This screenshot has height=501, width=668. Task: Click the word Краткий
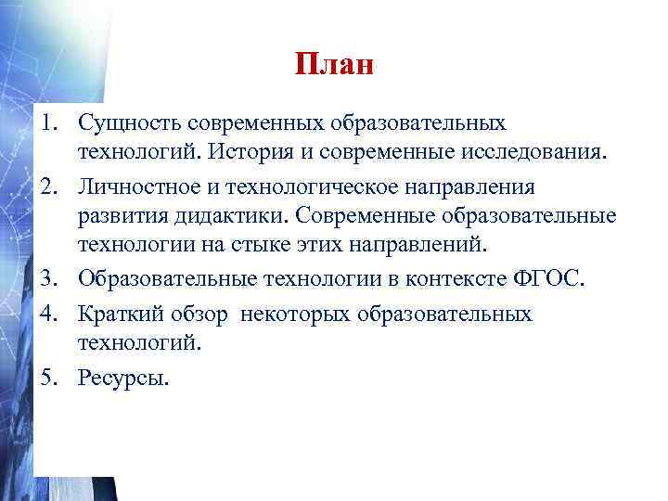click(x=119, y=315)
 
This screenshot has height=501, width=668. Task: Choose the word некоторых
click(x=293, y=315)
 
